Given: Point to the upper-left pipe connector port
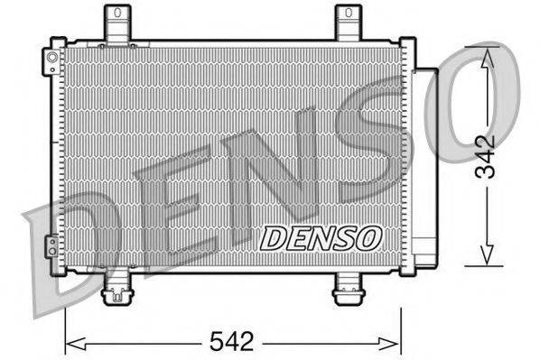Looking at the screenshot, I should pyautogui.click(x=51, y=60).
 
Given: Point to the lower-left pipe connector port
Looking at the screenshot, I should pyautogui.click(x=52, y=245).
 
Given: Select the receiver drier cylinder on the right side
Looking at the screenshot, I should pyautogui.click(x=424, y=162).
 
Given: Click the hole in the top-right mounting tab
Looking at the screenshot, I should pyautogui.click(x=348, y=13).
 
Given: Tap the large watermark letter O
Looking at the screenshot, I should pyautogui.click(x=470, y=104).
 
